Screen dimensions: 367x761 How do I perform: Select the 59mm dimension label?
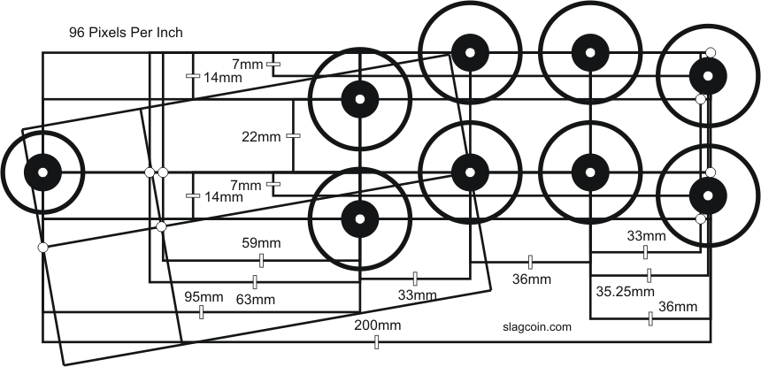click(x=259, y=241)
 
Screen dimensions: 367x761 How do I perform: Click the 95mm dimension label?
click(x=204, y=296)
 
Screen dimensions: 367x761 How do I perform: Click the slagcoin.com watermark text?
click(x=531, y=325)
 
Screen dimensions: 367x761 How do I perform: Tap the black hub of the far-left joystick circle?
click(x=42, y=172)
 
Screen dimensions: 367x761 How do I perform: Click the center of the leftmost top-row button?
click(x=359, y=99)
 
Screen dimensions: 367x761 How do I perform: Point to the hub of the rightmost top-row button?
click(x=707, y=74)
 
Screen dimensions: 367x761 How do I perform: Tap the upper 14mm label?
click(x=222, y=77)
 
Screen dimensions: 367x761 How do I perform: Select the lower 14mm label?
click(x=222, y=198)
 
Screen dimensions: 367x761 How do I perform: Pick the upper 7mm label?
click(x=247, y=65)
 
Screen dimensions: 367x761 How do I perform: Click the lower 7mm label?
click(x=247, y=185)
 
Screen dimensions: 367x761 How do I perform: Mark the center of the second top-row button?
click(x=468, y=52)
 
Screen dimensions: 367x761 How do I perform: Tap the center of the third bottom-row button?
click(x=588, y=172)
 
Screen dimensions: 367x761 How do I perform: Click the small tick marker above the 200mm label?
click(x=377, y=340)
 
